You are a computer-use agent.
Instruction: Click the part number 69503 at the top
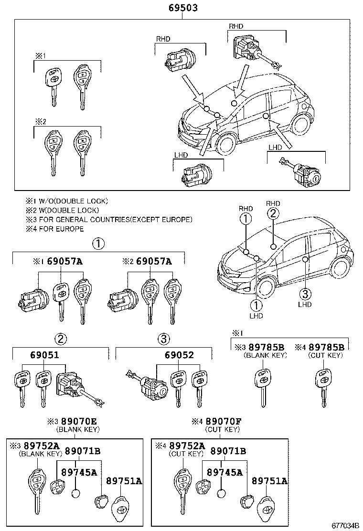183,8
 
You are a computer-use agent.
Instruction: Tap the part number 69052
179,355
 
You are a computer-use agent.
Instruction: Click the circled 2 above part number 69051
60,339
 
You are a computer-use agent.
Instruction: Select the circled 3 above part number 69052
164,339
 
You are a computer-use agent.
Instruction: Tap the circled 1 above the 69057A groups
98,244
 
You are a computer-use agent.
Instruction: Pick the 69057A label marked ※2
154,261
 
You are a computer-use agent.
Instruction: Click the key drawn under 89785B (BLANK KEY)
262,387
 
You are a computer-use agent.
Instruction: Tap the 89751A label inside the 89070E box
124,481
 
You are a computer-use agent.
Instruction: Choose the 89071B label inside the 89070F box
228,451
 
